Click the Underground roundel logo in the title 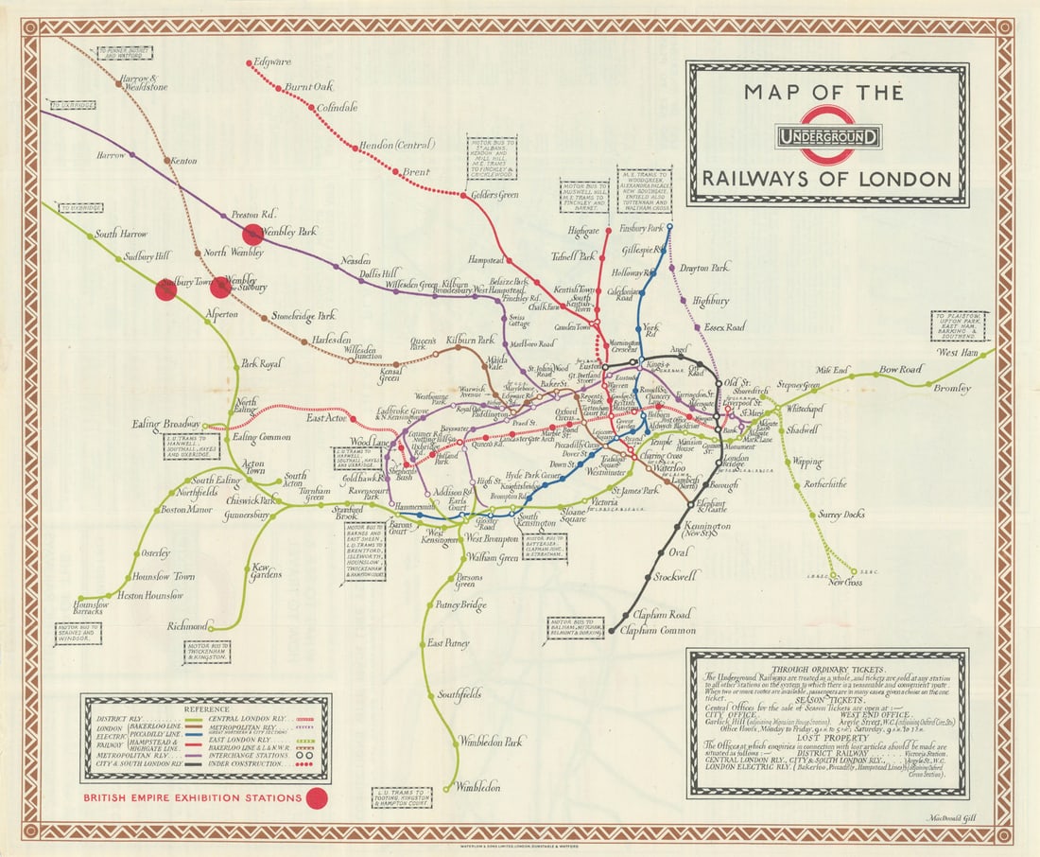[828, 135]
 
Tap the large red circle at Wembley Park [252, 235]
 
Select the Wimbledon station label [477, 786]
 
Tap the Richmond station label [185, 626]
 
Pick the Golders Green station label [494, 195]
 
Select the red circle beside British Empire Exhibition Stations [317, 798]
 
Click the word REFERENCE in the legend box [206, 708]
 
